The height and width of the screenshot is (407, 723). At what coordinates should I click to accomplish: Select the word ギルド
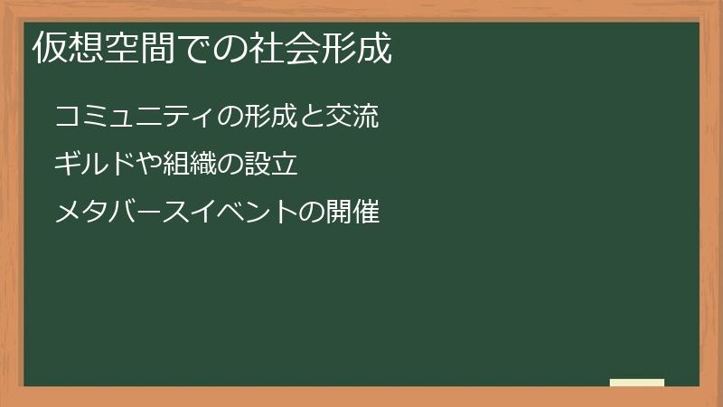coord(87,166)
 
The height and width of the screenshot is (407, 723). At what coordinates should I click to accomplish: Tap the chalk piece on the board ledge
coord(637,383)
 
